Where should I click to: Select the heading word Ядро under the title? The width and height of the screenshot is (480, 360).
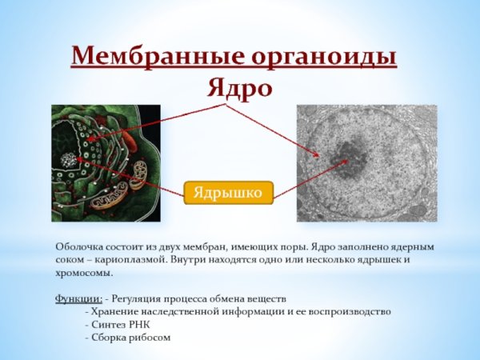[239, 86]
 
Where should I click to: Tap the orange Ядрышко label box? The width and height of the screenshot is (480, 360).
[229, 192]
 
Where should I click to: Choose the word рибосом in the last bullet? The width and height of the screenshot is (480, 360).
[150, 336]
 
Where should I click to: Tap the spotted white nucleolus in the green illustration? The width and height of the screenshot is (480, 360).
[70, 160]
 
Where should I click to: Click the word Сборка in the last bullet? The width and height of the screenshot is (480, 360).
[109, 336]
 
